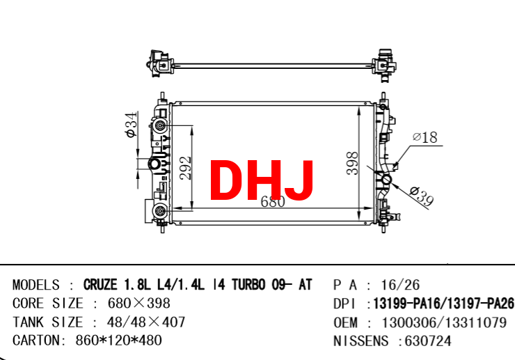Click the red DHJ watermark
(x=262, y=180)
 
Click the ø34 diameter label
(x=131, y=125)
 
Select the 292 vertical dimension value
(x=186, y=168)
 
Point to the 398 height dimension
(x=352, y=163)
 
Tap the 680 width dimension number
(x=273, y=202)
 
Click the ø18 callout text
(x=425, y=137)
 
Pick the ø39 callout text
(x=422, y=195)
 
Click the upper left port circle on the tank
(x=160, y=125)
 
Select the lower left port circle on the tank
(x=160, y=211)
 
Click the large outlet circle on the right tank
(x=386, y=180)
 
